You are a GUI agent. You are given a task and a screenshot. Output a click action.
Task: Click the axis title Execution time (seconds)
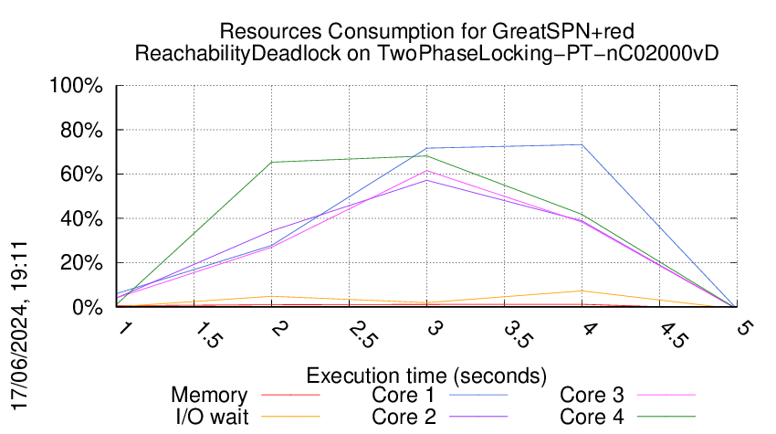point(426,376)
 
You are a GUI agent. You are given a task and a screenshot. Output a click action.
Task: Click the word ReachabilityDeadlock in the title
point(237,53)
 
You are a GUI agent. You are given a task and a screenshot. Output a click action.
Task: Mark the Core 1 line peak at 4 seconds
point(582,144)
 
